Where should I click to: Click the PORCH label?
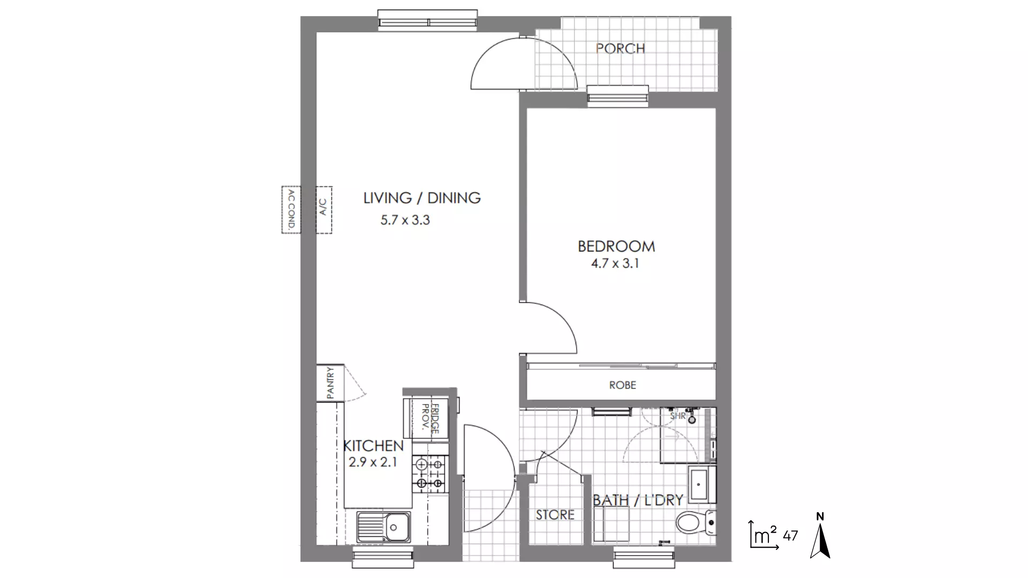[620, 49]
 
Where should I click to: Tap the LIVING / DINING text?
[422, 198]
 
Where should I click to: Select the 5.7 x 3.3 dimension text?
[405, 220]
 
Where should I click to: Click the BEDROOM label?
[616, 247]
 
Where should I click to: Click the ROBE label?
[622, 385]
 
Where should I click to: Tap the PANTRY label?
[330, 382]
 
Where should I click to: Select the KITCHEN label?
[373, 446]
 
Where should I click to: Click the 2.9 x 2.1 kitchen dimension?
[373, 462]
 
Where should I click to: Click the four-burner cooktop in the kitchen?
[429, 474]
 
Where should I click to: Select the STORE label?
[555, 515]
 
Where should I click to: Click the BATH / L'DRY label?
[638, 500]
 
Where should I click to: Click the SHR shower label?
[678, 415]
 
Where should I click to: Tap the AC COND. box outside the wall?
[291, 209]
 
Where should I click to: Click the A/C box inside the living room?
[323, 209]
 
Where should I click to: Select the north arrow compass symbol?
[820, 537]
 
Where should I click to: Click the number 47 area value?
[790, 535]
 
